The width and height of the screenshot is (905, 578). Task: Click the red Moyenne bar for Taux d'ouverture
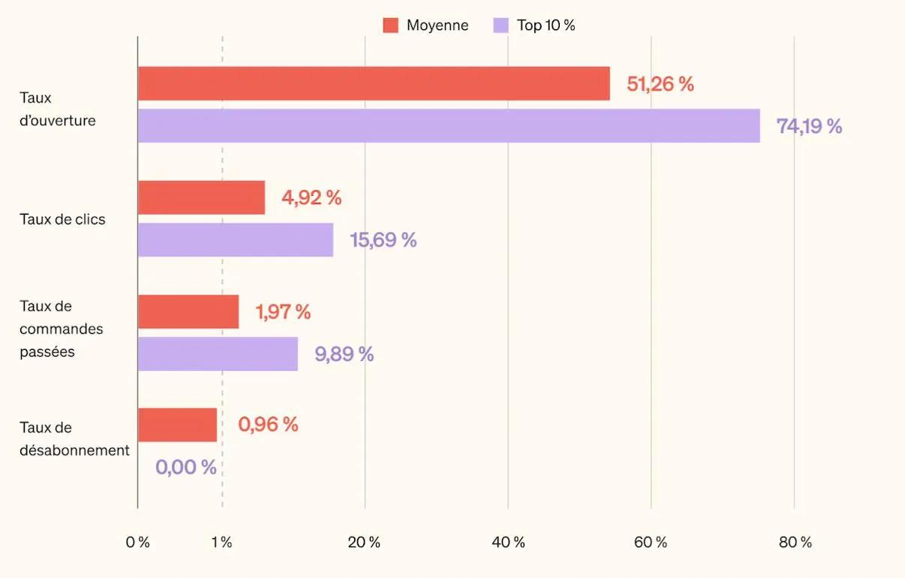click(374, 83)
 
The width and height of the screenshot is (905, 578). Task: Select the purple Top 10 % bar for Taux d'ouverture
click(449, 126)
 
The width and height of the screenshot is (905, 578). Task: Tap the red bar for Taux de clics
click(201, 197)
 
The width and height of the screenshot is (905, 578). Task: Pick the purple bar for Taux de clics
click(236, 240)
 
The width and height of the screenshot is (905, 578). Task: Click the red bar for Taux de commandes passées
click(188, 312)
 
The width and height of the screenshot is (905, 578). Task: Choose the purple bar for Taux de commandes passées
click(218, 354)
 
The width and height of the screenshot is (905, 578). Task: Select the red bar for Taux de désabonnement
click(177, 425)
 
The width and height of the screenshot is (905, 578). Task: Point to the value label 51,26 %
click(660, 84)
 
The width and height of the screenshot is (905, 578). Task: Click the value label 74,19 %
click(809, 126)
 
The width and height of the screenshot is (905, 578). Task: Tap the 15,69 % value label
click(383, 240)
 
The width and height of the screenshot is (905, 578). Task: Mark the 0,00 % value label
click(186, 467)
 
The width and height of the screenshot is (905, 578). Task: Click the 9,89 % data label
click(344, 354)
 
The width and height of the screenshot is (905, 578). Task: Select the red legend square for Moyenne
click(390, 26)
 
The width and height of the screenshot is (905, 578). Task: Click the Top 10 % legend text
click(546, 26)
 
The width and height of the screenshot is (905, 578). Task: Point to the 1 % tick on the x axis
click(222, 543)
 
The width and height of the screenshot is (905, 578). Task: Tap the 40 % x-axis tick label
click(508, 543)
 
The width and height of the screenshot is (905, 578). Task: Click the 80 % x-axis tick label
click(795, 543)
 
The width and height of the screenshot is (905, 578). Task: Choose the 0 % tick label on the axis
click(137, 543)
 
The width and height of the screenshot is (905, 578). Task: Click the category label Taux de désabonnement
click(74, 439)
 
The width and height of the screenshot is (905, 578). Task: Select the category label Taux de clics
click(62, 220)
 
